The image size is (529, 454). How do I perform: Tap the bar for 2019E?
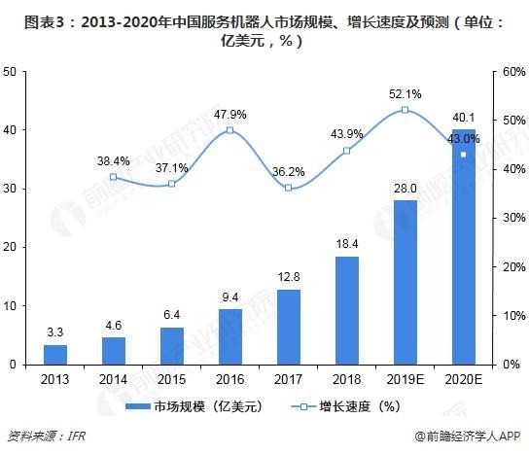(405, 282)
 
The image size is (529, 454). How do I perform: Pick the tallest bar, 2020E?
(463, 247)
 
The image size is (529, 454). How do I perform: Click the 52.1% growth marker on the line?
(405, 110)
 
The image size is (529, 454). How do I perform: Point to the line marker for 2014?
(114, 177)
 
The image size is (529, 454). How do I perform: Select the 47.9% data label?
(229, 114)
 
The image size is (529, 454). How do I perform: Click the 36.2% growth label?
(289, 172)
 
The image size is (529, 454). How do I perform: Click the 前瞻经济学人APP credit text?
(473, 437)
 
